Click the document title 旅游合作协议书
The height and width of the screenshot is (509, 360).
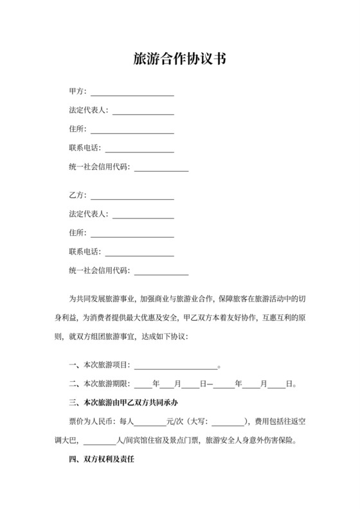pyautogui.click(x=179, y=60)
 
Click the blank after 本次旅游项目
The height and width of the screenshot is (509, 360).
pyautogui.click(x=175, y=366)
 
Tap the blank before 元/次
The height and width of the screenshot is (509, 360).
pyautogui.click(x=149, y=423)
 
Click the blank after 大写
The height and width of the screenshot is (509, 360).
pyautogui.click(x=228, y=423)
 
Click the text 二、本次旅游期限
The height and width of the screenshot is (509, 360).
pyautogui.click(x=100, y=385)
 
